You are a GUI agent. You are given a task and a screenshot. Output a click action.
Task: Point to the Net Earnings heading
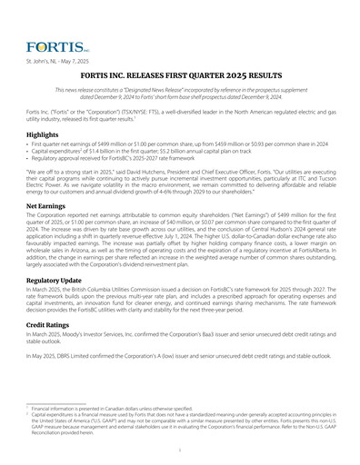[46, 206]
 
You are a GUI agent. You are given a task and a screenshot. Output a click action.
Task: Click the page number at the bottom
[180, 448]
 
